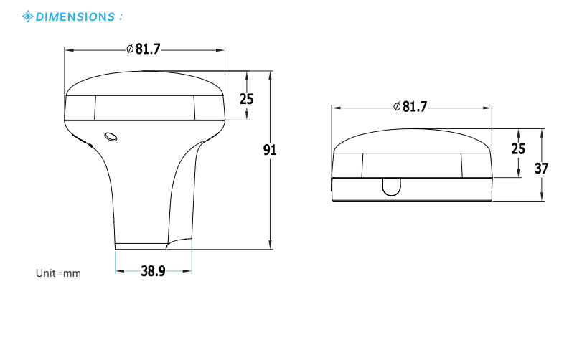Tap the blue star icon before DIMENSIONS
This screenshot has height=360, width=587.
[x=28, y=16]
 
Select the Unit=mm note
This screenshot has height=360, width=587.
[x=58, y=273]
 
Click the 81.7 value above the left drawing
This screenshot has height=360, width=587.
[x=147, y=49]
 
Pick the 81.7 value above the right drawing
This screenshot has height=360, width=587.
[x=414, y=107]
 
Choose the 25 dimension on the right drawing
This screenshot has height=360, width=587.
[x=517, y=149]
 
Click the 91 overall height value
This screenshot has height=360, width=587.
[x=269, y=150]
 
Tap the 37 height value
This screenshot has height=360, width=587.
[x=542, y=169]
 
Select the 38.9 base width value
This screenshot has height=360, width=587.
[x=153, y=271]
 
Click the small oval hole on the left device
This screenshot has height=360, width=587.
[x=111, y=136]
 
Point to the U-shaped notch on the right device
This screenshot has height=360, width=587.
[x=391, y=186]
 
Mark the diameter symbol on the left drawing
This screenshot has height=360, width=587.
[x=129, y=49]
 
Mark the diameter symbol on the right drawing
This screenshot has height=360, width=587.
[x=396, y=107]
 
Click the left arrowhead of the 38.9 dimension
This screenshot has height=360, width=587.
[x=118, y=271]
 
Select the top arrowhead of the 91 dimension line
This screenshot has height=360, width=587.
[x=270, y=74]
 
